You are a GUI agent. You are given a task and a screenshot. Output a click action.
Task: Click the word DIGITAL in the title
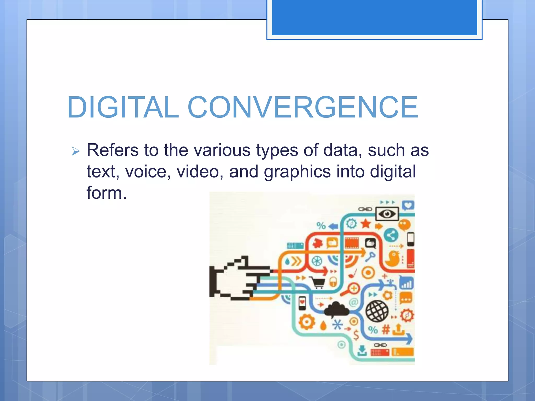click(123, 107)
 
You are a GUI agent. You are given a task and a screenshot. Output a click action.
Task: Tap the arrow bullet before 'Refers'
click(75, 151)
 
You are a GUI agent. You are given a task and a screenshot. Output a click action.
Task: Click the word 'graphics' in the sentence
click(297, 172)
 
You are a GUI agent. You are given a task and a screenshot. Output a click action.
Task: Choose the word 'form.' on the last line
click(107, 193)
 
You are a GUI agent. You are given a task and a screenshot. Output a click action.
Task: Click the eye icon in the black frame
click(387, 214)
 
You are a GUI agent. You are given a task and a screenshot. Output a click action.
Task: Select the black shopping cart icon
click(318, 282)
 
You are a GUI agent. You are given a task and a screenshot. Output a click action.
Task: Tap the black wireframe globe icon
click(377, 311)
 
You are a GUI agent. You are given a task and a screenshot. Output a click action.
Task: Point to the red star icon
click(366, 224)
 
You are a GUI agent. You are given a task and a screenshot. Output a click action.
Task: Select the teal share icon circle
click(391, 236)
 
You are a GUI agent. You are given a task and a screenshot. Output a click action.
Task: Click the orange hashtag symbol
click(386, 329)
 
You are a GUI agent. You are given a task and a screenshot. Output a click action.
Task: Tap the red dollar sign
click(356, 335)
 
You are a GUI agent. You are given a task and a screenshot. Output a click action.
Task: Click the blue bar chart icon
click(406, 283)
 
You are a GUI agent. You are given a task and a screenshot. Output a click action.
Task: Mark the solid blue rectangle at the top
click(374, 17)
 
